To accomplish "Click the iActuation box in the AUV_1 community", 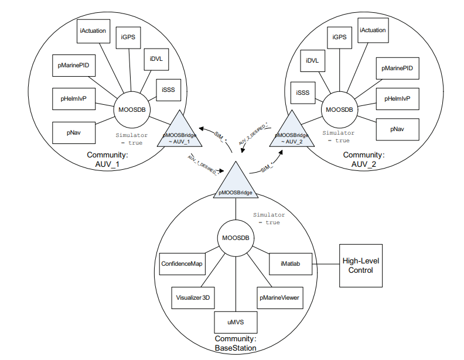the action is coord(93,31).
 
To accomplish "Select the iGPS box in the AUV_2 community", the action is coord(339,37).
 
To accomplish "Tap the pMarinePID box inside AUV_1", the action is coord(74,66).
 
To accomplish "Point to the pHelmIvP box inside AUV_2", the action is coord(397,99).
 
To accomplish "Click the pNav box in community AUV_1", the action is coord(74,133).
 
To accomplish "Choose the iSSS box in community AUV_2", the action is coord(303,93).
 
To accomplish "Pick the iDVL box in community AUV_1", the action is coord(156,59).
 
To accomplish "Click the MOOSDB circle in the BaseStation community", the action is coord(236,238).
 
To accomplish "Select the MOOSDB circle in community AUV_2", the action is coord(339,109).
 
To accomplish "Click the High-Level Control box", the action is coord(361,265).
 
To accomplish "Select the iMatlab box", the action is coord(291,263).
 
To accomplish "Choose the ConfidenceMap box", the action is coord(182,264).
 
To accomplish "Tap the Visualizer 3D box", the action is coord(193,298).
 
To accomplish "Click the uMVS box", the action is coord(236,322).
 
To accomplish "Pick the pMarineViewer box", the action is coord(279,298).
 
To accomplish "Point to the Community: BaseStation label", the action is coord(236,343).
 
